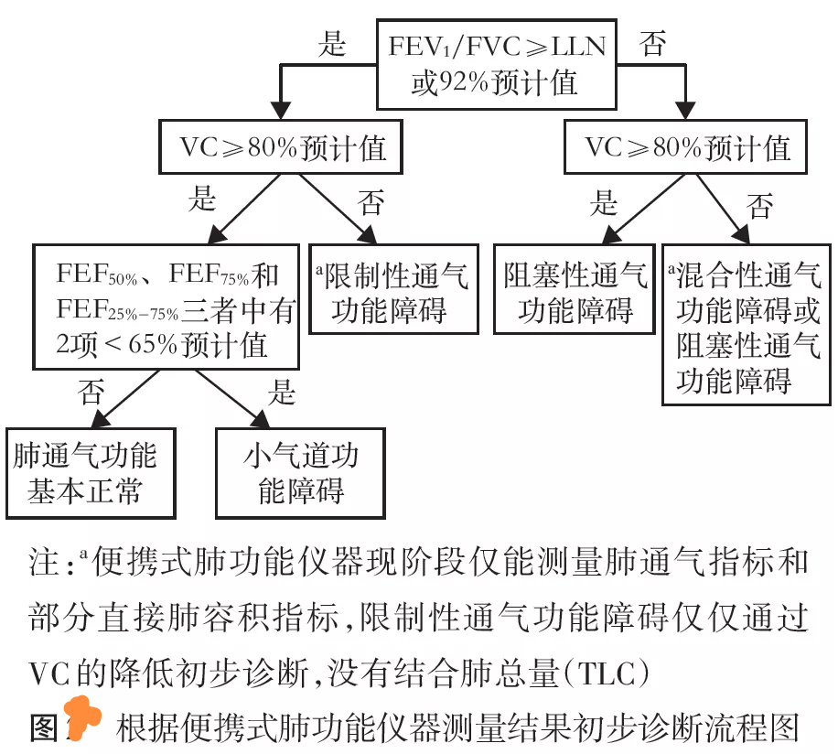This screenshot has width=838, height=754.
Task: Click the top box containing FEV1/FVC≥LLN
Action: pos(497,64)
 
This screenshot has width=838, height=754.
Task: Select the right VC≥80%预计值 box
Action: pos(686,147)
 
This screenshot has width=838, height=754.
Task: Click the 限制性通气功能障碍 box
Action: pos(394,290)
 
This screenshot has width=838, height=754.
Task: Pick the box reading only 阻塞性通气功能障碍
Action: pos(575,290)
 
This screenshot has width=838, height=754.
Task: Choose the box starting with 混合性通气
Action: pos(747,324)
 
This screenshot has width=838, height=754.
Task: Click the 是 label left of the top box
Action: pos(331,44)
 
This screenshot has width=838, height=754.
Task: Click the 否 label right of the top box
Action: pos(652,44)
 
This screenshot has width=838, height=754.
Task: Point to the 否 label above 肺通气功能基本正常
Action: pos(91,393)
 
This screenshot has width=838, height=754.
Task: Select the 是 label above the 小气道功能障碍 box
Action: pos(282,393)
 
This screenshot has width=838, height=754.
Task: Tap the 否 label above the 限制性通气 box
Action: pos(371,203)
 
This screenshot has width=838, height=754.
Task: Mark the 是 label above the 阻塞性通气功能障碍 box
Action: pos(603,203)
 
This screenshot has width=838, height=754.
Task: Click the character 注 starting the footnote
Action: pos(46,562)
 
